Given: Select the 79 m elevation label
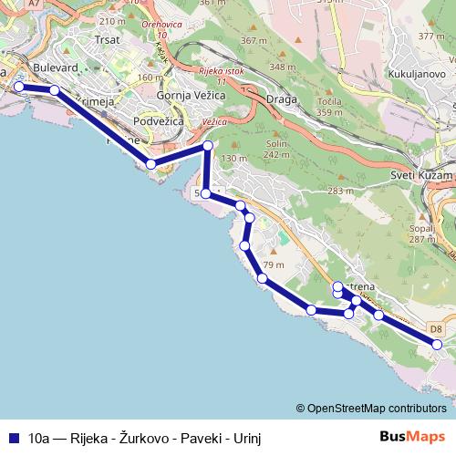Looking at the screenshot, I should coord(274,265).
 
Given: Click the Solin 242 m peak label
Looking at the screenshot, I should coord(276,149).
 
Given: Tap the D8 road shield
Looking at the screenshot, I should coord(436,327).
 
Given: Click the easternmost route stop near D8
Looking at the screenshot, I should coord(437,344).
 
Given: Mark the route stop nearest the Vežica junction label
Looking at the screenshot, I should coord(208,146).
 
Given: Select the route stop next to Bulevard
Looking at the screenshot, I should coord(54,90).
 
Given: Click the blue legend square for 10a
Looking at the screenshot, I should coord(13,438).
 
